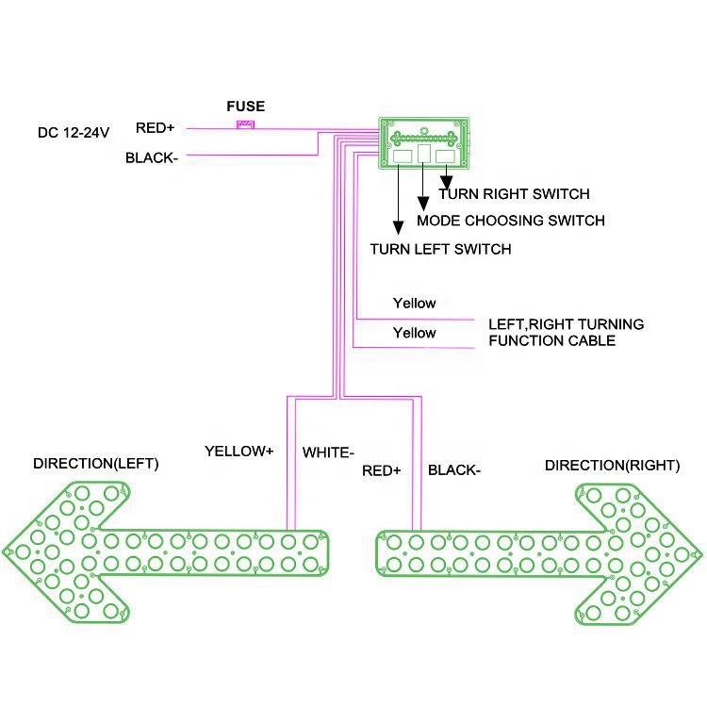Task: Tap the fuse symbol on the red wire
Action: pos(246,126)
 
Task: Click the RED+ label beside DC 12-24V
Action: pos(156,128)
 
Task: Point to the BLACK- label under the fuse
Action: pos(152,158)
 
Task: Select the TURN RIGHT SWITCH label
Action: pos(514,194)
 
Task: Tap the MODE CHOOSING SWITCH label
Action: pos(510,221)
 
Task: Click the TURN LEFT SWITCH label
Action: pos(440,250)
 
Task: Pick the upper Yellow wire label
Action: pos(414,304)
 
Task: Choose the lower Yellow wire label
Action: pos(414,333)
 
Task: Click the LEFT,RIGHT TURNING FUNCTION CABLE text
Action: pos(566,332)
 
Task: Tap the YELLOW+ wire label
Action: pos(238,452)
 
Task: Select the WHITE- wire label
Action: pos(328,453)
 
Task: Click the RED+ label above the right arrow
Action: pos(382,469)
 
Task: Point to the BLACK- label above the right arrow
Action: pos(454,469)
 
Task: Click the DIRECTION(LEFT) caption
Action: pos(96,464)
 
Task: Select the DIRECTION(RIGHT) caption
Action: pos(612,465)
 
